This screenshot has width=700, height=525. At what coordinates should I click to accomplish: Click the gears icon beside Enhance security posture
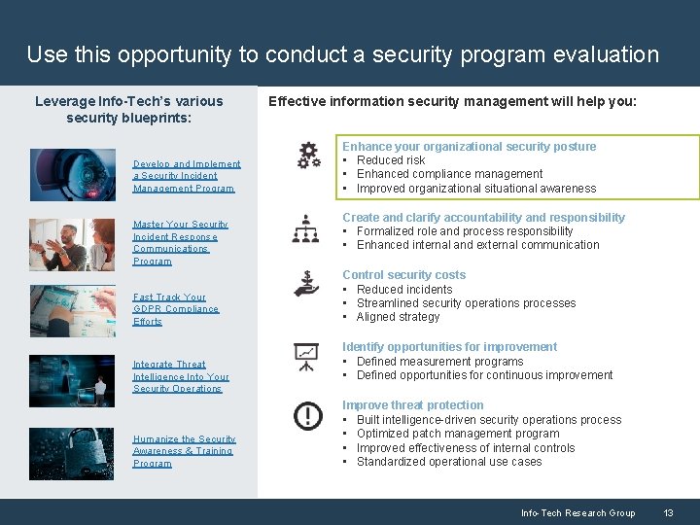coord(308,155)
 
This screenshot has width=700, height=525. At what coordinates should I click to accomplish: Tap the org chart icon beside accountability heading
coord(305,228)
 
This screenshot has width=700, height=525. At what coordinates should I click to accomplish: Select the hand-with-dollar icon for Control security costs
coord(306,283)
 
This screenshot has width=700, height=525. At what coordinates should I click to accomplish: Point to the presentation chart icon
coord(306,357)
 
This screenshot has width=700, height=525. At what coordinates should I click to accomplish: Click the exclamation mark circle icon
coord(308,417)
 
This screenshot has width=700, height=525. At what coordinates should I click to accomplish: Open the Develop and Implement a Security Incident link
coord(187,176)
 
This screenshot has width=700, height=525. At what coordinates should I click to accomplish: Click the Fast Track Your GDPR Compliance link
coord(176,309)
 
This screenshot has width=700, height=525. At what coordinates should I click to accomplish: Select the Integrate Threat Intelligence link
coord(181,376)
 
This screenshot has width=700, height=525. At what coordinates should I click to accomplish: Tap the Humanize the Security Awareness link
coord(184,451)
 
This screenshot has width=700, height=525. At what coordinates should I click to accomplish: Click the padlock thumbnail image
coord(71,454)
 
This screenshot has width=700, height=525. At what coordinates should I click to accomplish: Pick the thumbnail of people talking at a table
coord(71,244)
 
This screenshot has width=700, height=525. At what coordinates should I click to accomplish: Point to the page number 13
coord(668,512)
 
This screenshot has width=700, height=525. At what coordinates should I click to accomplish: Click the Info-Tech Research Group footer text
coord(577,512)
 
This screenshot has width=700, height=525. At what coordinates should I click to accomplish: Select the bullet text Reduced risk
coord(391,160)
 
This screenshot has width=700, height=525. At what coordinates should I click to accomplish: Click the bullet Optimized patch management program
coord(458,434)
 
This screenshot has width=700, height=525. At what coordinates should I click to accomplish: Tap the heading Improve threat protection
coord(412,405)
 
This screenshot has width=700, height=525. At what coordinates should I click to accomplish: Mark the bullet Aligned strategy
coord(398,317)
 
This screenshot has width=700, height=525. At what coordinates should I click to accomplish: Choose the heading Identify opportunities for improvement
coord(449,347)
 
